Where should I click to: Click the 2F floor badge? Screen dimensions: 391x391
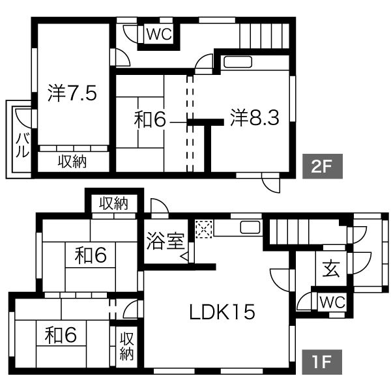[322, 166]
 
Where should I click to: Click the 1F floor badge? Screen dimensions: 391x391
[322, 362]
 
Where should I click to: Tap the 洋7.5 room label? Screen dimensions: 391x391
[72, 93]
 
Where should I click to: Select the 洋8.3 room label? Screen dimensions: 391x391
[255, 117]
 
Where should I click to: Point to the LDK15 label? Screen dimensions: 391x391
[222, 312]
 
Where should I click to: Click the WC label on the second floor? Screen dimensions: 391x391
[159, 34]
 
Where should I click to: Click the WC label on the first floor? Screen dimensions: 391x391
[332, 302]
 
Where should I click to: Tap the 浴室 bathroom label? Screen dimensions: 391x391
[165, 241]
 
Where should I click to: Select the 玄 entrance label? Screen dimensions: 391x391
[331, 268]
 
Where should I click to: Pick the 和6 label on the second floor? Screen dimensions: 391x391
[150, 119]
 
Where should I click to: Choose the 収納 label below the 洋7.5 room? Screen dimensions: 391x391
[72, 162]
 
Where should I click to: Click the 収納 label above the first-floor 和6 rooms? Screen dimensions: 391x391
[113, 203]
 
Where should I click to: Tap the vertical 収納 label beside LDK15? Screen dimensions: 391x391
[126, 347]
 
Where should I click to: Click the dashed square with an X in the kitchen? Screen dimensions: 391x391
[204, 229]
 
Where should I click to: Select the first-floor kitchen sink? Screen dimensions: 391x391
[250, 227]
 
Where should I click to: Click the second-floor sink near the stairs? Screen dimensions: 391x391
[238, 62]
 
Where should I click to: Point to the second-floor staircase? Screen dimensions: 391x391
[265, 36]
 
